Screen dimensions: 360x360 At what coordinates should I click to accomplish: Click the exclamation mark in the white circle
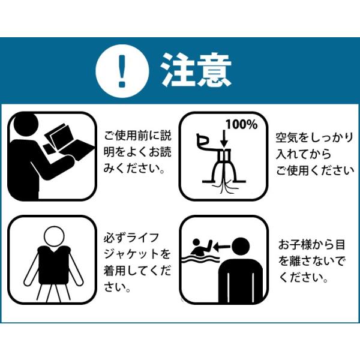(122, 71)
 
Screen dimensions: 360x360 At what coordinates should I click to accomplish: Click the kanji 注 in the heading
(177, 70)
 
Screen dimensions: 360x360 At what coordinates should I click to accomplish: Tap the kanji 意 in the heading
(214, 70)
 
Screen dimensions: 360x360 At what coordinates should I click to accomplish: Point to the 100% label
(242, 125)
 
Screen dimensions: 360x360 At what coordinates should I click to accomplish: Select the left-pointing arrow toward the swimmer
(221, 247)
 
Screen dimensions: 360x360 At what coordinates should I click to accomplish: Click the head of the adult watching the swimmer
(240, 246)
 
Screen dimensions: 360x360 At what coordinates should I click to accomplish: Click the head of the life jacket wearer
(54, 237)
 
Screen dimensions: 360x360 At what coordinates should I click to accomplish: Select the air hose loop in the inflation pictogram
(203, 141)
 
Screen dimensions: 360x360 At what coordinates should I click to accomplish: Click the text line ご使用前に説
(138, 135)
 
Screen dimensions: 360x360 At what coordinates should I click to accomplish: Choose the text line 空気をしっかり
(314, 137)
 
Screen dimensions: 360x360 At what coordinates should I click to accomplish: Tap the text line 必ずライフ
(131, 238)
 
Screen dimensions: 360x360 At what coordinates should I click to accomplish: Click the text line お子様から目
(312, 244)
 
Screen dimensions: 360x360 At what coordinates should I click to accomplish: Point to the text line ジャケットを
(137, 254)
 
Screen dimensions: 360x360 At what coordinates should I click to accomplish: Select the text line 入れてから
(303, 154)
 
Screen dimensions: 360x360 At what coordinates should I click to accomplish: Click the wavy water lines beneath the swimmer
(200, 259)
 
